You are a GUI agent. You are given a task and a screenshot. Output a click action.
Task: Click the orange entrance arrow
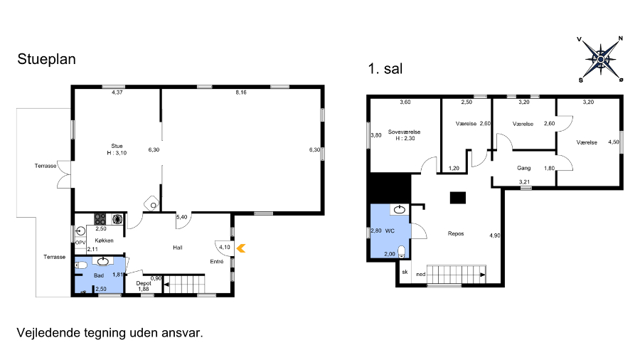click(x=241, y=248)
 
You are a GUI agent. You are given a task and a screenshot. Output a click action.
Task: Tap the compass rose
click(x=600, y=60)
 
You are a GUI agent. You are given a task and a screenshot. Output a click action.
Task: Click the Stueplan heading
click(x=46, y=59)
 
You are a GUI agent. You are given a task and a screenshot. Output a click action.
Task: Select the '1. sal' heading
click(x=385, y=68)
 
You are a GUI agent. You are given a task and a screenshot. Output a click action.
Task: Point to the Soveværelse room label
click(x=404, y=132)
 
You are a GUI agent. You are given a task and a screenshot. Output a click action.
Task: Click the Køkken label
click(x=104, y=240)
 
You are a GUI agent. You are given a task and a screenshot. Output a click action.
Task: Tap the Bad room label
click(x=99, y=275)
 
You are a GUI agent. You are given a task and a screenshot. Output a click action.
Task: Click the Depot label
click(x=143, y=283)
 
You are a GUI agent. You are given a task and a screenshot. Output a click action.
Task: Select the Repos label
click(x=456, y=233)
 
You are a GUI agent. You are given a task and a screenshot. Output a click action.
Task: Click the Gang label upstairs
click(x=523, y=168)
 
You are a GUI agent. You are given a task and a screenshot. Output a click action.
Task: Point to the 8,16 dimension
click(x=241, y=92)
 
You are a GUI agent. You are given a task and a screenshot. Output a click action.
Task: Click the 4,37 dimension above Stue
click(x=117, y=92)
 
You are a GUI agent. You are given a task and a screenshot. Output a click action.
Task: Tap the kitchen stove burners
click(x=100, y=219)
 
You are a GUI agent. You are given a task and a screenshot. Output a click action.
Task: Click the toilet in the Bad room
click(x=81, y=265)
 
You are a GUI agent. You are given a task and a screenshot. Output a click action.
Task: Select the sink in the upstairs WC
click(x=399, y=209)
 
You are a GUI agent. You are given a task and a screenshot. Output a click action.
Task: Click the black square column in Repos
click(x=458, y=198)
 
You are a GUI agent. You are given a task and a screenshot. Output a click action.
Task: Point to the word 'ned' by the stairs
click(x=421, y=275)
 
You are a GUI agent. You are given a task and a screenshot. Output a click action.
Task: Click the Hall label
click(x=178, y=248)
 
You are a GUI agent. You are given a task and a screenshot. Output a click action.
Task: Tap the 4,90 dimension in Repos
click(x=495, y=235)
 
